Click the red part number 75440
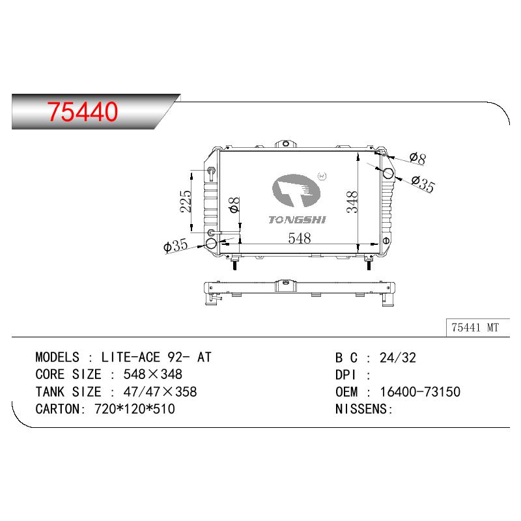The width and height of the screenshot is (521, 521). (x=83, y=111)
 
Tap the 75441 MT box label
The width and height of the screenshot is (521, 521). (x=475, y=328)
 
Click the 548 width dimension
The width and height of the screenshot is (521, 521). (x=300, y=238)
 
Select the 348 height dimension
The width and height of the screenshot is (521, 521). (x=352, y=202)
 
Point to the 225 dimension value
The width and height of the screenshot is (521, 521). (x=186, y=201)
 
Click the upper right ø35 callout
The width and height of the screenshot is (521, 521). (x=423, y=184)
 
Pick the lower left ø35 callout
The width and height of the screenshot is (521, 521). (x=176, y=246)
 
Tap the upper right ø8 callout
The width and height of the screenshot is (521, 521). (x=417, y=158)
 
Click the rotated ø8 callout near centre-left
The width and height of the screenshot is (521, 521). (x=234, y=204)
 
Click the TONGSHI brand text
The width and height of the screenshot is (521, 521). (x=298, y=220)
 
